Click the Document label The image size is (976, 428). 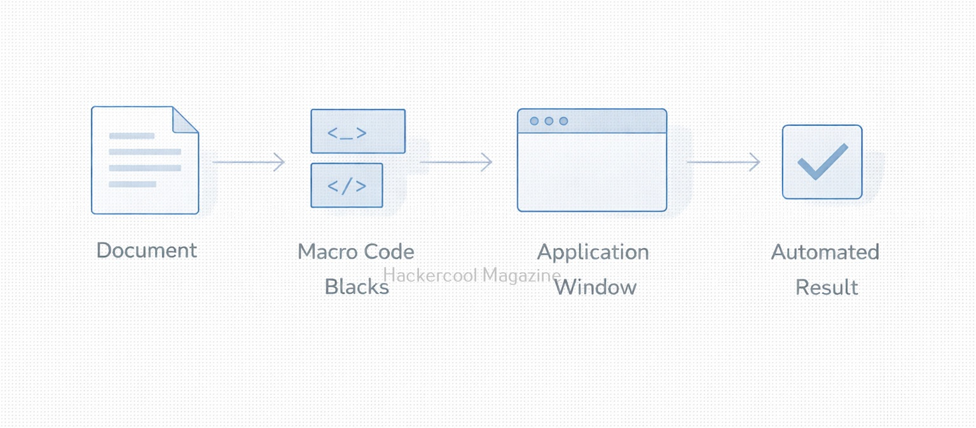point(147,250)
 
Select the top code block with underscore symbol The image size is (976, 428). point(358,131)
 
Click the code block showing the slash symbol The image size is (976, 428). point(347,185)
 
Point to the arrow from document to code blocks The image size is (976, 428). point(249,162)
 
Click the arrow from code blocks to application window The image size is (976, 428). point(456,162)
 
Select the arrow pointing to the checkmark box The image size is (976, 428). point(724,162)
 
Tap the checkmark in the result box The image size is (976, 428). point(823,162)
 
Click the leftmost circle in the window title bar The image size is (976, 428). point(534,121)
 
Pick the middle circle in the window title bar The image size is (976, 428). point(549,121)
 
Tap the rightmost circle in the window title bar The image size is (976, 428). point(564,121)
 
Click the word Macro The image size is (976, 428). point(328,251)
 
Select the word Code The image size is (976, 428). point(389,251)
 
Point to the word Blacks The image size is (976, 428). point(357,287)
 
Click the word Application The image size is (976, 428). point(593,252)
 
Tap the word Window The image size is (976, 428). point(596,287)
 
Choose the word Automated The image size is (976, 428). point(825,252)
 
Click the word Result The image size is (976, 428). point(827,287)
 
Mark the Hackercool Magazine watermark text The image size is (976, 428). point(472,275)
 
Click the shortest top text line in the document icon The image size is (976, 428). point(132,136)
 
